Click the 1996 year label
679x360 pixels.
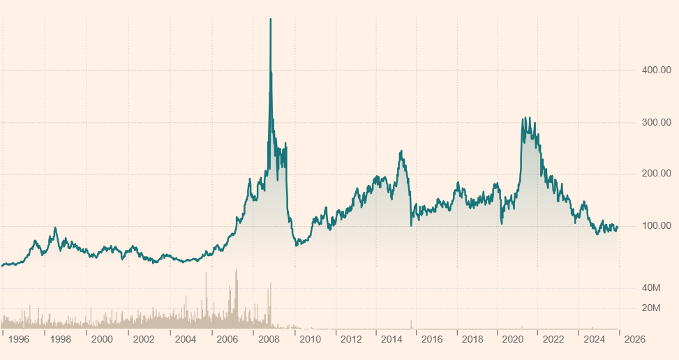pos(20,340)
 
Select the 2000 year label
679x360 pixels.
pos(102,340)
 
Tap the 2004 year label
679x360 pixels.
pos(185,340)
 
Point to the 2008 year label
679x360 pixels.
pos(269,340)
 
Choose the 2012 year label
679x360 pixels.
pos(351,340)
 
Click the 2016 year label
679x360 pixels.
pos(433,340)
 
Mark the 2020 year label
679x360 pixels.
pos(513,340)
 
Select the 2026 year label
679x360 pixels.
pos(634,340)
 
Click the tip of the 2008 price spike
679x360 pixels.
pos(271,20)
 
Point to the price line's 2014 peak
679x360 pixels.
pos(401,151)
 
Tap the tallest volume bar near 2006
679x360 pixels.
pos(237,270)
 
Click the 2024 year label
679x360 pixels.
pos(594,340)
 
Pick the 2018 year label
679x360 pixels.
pos(473,340)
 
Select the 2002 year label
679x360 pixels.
pos(143,340)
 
